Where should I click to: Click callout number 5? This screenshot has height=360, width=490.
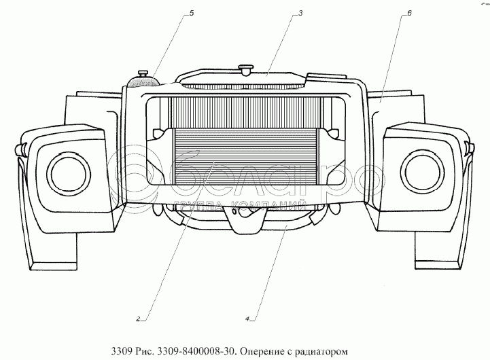pos(191,12)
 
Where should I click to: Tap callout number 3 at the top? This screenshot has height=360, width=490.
pos(299,13)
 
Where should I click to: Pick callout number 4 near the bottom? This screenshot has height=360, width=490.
pos(249,317)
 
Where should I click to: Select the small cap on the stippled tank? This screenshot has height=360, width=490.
pos(143,73)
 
